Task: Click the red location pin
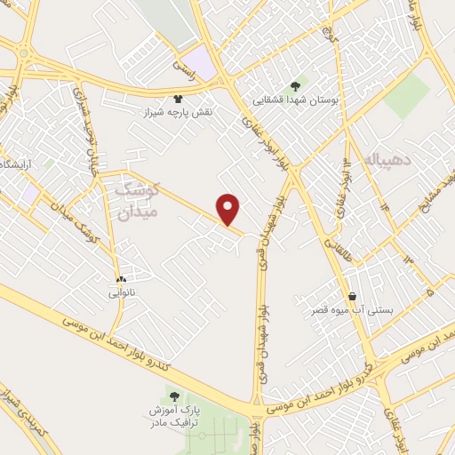pyautogui.click(x=229, y=208)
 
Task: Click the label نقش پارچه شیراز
pyautogui.click(x=178, y=113)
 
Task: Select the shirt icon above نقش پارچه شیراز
pyautogui.click(x=178, y=100)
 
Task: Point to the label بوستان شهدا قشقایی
pyautogui.click(x=296, y=100)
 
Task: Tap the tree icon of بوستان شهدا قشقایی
pyautogui.click(x=296, y=86)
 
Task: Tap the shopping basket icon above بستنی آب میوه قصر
pyautogui.click(x=353, y=297)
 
